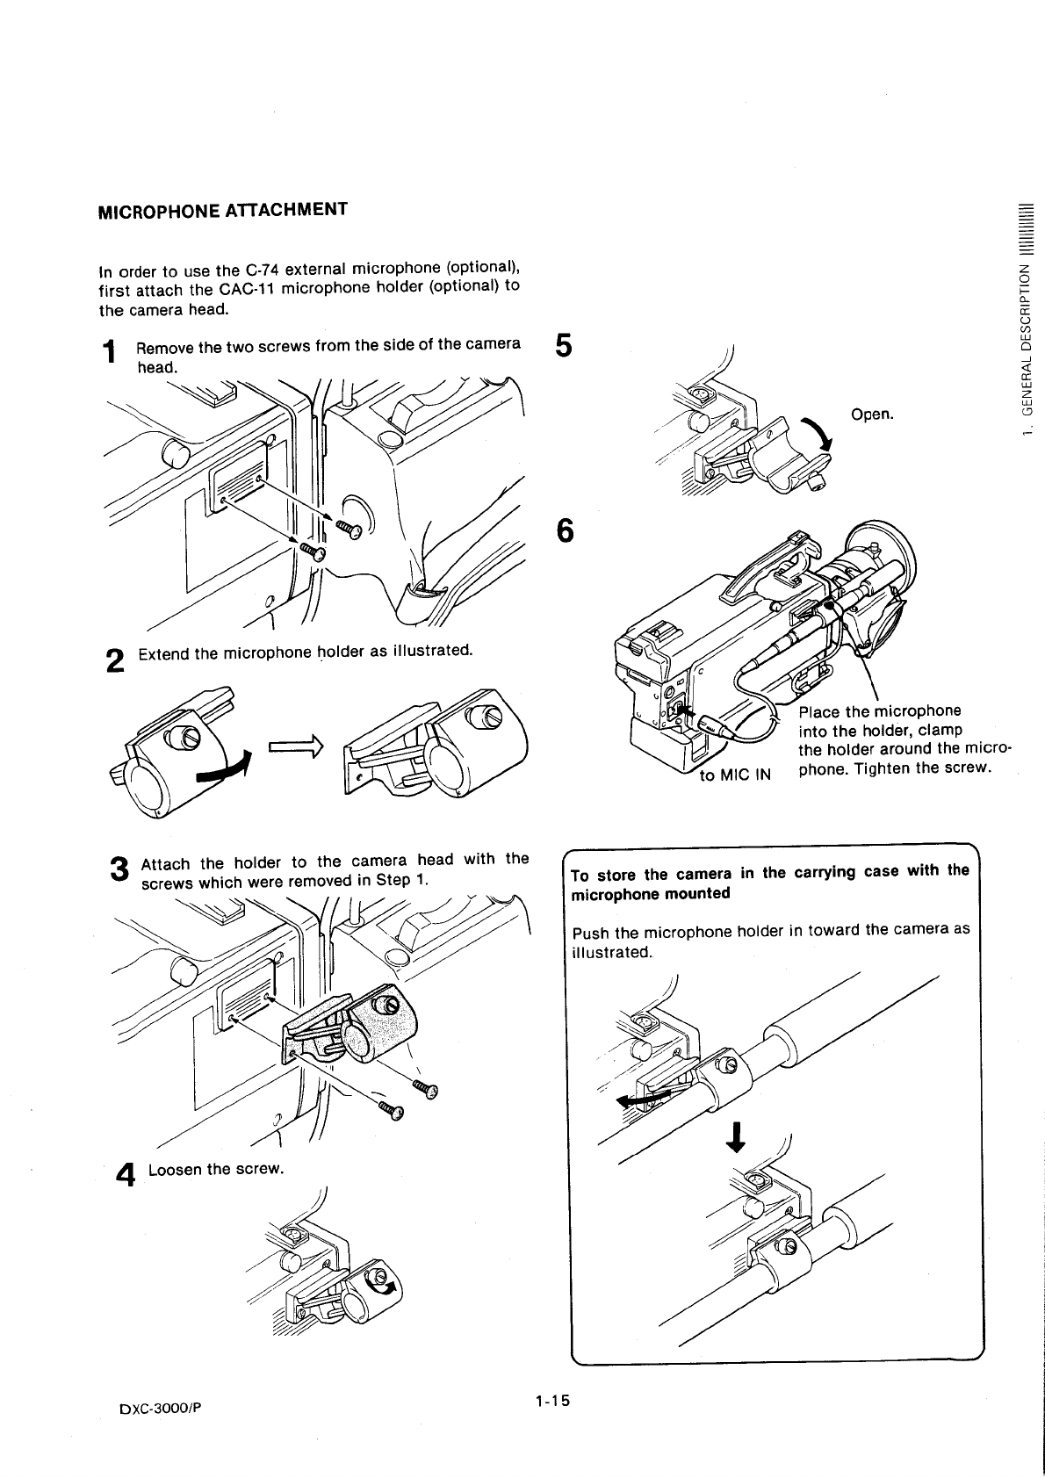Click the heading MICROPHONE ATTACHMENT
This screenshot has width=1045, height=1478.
click(222, 211)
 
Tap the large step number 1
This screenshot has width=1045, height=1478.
click(109, 353)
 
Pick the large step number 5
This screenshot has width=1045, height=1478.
click(564, 345)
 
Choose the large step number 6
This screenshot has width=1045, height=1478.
click(566, 530)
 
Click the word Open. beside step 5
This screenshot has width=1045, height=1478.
click(872, 414)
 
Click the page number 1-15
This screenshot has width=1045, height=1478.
click(551, 1400)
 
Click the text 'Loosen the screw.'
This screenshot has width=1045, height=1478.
click(217, 1170)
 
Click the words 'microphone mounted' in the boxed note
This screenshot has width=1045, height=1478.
click(651, 894)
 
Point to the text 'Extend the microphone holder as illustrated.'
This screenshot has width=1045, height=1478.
click(305, 652)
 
